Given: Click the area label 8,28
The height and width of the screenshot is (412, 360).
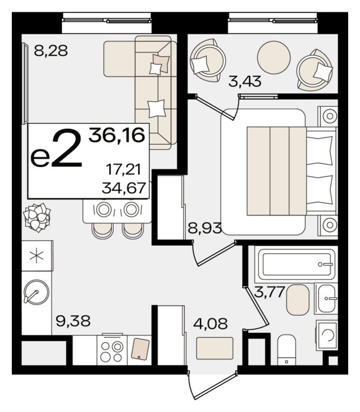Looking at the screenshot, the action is tap(51, 51).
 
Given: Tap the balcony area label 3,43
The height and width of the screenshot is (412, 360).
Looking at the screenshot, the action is tap(245, 81).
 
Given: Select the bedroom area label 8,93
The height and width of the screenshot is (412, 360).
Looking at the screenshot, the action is tap(205, 228).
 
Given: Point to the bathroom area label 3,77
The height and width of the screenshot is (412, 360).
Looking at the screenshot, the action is tap(270, 292).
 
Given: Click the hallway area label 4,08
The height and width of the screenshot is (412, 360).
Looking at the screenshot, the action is tap(210, 323).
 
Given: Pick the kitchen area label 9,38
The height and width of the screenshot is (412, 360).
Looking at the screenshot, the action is tap(73, 321).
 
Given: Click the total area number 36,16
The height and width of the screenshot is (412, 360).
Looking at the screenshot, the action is tap(117, 135).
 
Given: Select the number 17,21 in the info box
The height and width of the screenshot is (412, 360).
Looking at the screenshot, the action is tap(123, 169).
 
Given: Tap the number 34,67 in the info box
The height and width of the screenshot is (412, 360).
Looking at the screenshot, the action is tap(124, 188).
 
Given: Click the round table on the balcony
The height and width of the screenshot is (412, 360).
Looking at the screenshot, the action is tap(274, 57).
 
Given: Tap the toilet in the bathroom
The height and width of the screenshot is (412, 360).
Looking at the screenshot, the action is tap(287, 350).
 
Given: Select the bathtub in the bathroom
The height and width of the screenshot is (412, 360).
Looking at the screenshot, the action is tap(297, 264).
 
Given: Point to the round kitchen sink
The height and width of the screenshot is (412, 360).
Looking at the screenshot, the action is tap(36, 292).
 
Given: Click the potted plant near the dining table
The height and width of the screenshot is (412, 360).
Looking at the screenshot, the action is tap(37, 218).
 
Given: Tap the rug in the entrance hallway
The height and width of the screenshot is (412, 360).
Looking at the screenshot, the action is tap(215, 348).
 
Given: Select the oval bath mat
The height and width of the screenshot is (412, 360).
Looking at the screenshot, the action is tap(297, 300).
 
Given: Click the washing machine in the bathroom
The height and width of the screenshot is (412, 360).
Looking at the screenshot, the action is tap(326, 335).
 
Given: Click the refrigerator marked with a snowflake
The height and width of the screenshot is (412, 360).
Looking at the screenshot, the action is tap(37, 256).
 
